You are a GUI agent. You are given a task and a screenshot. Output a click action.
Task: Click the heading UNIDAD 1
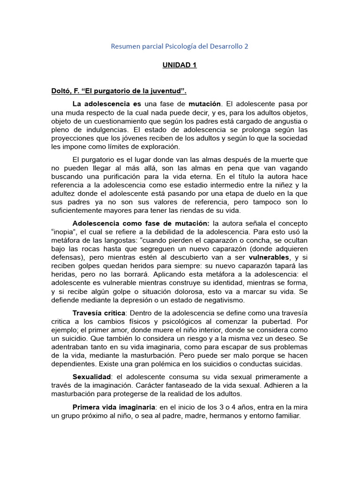[180, 65]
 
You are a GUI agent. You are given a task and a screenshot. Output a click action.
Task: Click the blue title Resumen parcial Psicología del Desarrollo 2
[180, 46]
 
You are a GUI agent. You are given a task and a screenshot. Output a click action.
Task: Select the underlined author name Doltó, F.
[66, 90]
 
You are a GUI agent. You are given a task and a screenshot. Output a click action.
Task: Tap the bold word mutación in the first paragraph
[204, 103]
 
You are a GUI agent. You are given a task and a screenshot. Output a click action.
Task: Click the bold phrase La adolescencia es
[107, 103]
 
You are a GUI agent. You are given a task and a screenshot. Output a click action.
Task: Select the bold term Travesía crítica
[99, 313]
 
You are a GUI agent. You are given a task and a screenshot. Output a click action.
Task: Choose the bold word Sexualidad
[92, 377]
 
